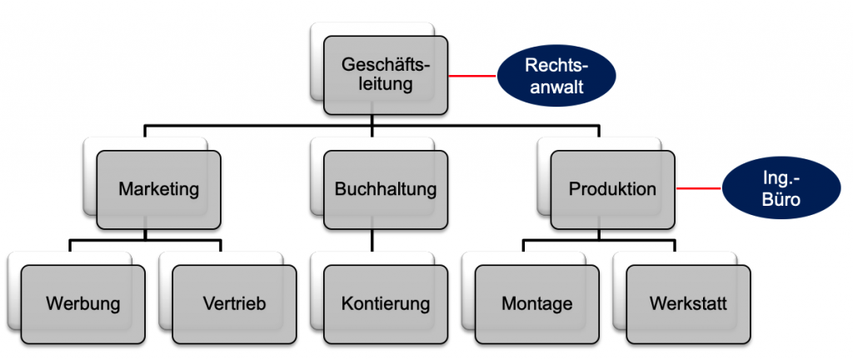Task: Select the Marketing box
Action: point(158,189)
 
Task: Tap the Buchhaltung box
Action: point(386,189)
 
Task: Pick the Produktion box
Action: point(612,189)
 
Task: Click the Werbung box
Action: point(83,303)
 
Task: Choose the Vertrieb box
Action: point(234,303)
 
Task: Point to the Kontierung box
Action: point(386,303)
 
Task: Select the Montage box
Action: point(536,303)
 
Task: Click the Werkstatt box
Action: point(688,303)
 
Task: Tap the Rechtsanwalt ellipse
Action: point(556,76)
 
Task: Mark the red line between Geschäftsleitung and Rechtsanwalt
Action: point(473,76)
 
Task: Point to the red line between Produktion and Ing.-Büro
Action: point(698,189)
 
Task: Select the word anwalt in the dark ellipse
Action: point(556,87)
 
